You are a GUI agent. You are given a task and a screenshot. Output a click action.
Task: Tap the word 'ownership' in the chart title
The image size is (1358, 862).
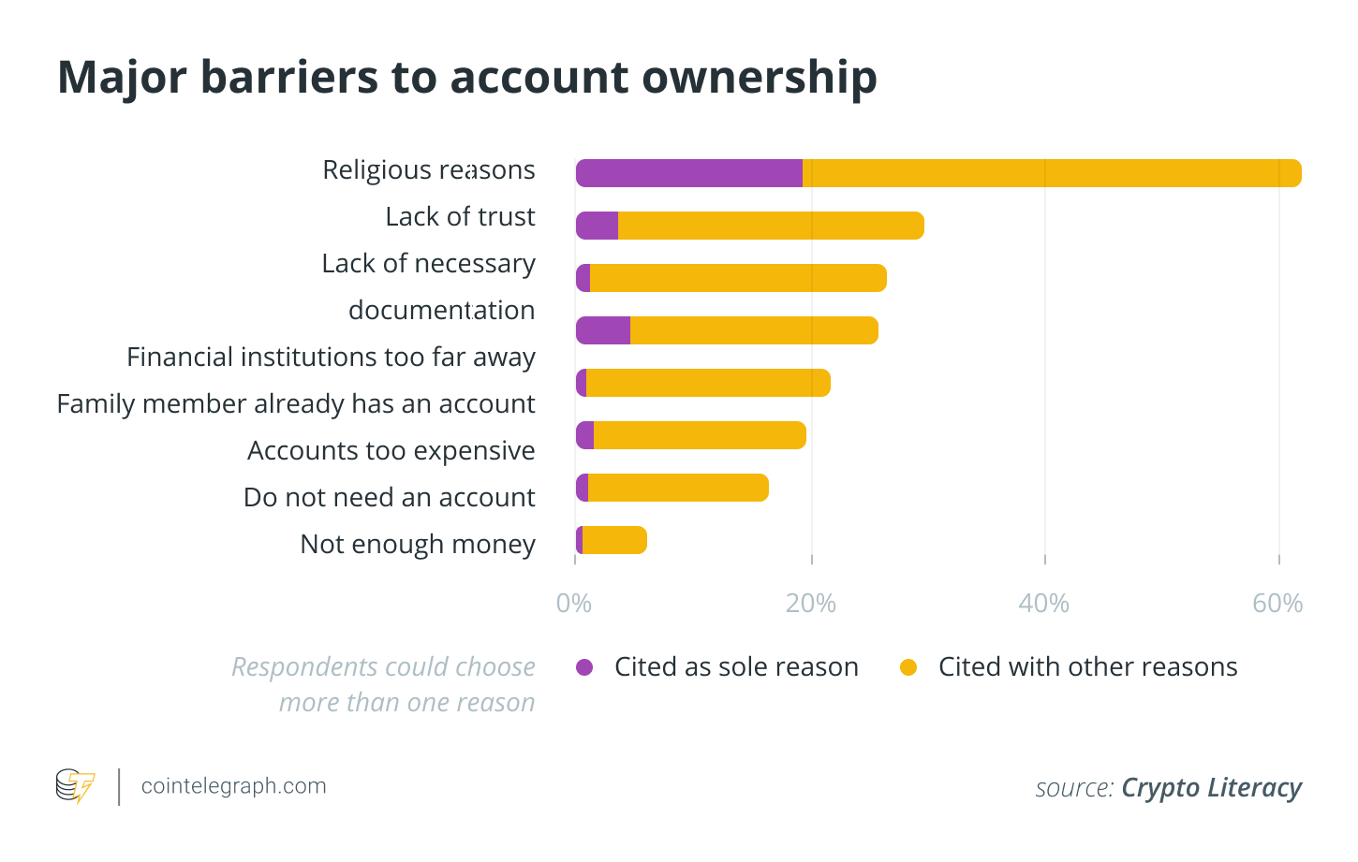pyautogui.click(x=760, y=79)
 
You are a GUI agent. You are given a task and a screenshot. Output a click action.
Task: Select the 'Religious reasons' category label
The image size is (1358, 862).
pyautogui.click(x=429, y=169)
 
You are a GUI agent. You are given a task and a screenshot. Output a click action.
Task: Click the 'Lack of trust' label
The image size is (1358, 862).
pyautogui.click(x=460, y=216)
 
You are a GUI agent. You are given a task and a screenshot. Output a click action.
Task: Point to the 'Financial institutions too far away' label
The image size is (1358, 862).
pyautogui.click(x=331, y=357)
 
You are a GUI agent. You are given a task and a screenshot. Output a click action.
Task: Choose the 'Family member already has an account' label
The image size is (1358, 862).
pyautogui.click(x=296, y=403)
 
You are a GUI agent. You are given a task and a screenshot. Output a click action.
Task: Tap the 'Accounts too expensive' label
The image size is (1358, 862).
pyautogui.click(x=391, y=450)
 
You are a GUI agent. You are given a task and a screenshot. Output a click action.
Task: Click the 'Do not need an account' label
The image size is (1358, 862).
pyautogui.click(x=389, y=497)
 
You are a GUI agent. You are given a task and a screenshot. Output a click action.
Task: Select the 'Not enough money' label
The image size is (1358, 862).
pyautogui.click(x=418, y=544)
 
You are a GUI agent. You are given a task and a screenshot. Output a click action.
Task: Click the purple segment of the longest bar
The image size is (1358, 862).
pyautogui.click(x=688, y=173)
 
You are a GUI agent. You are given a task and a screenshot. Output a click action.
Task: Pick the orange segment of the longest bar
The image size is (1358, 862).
pyautogui.click(x=1051, y=173)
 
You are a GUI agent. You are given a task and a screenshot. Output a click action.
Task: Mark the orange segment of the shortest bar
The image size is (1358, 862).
pyautogui.click(x=614, y=540)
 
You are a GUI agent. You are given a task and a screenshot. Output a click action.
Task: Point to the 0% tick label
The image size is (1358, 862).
pyautogui.click(x=573, y=604)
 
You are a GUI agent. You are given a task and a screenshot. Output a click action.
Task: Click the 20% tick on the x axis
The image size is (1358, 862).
pyautogui.click(x=811, y=604)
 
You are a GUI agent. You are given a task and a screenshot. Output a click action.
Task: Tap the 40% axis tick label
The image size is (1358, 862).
pyautogui.click(x=1044, y=604)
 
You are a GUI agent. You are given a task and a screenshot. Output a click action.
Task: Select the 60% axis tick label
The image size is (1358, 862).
pyautogui.click(x=1277, y=604)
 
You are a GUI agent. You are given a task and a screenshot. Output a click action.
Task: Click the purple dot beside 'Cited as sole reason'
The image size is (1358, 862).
pyautogui.click(x=584, y=667)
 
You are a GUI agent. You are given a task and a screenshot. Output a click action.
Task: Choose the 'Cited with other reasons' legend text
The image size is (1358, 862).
pyautogui.click(x=1087, y=666)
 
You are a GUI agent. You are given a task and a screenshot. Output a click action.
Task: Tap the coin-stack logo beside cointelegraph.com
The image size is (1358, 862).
pyautogui.click(x=75, y=786)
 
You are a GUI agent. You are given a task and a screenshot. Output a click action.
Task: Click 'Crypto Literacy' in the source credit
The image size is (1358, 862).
pyautogui.click(x=1211, y=788)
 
